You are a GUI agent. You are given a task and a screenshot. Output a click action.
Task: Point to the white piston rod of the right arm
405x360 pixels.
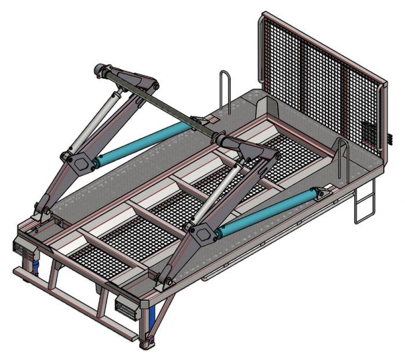tap(217, 194)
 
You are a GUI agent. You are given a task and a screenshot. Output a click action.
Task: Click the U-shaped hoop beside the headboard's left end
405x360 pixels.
tap(226, 90)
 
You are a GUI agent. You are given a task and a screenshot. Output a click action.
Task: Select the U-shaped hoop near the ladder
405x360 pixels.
tap(343, 154)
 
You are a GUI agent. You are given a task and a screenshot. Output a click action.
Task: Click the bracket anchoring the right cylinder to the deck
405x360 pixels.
tap(326, 190)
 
